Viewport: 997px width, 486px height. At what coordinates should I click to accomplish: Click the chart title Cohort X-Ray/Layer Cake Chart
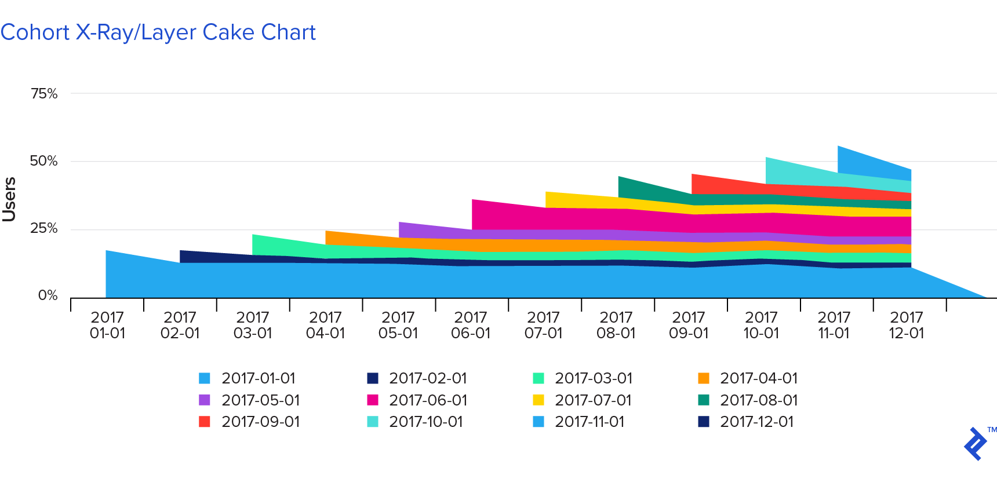[x=158, y=32]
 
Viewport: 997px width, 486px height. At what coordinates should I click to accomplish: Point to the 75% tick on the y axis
[x=44, y=94]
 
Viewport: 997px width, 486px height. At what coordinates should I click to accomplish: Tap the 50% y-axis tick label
[x=44, y=161]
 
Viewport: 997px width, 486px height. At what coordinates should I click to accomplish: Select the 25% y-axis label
[x=44, y=228]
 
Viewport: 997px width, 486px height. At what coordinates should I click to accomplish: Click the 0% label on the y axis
[x=48, y=295]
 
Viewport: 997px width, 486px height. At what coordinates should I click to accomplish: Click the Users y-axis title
[x=9, y=199]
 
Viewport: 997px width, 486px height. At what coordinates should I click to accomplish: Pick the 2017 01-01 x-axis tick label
[x=107, y=325]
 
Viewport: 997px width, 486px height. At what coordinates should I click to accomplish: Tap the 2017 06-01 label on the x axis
[x=471, y=325]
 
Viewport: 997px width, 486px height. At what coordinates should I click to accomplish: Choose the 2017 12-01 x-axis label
[x=907, y=325]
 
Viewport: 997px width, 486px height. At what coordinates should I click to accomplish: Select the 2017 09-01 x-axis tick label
[x=689, y=325]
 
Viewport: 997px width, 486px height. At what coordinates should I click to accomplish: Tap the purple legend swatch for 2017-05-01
[x=205, y=400]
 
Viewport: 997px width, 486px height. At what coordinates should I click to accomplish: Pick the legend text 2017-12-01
[x=756, y=422]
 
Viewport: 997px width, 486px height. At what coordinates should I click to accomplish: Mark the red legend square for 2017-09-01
[x=205, y=422]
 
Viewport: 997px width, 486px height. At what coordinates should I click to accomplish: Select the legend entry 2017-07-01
[x=592, y=400]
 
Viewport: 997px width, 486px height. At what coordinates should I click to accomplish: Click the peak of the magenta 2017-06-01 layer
[x=474, y=203]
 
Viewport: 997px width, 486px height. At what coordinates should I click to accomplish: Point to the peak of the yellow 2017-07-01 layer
[x=548, y=195]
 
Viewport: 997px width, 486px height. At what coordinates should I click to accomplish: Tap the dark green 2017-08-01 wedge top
[x=621, y=180]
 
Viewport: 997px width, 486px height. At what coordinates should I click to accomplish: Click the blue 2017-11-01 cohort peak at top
[x=840, y=149]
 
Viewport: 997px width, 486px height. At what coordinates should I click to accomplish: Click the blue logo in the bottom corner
[x=976, y=444]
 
